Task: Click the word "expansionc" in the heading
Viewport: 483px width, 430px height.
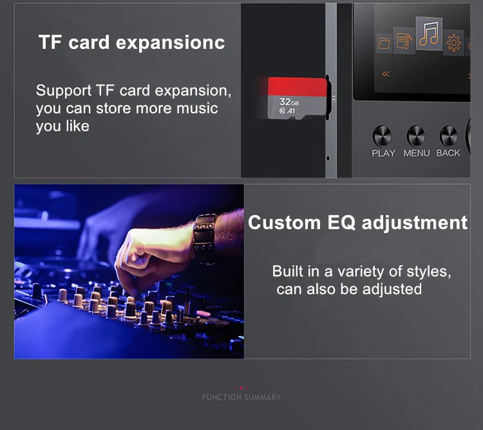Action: point(171,42)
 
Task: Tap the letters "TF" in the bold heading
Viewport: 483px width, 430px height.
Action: point(50,42)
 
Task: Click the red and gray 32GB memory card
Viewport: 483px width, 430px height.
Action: point(297,98)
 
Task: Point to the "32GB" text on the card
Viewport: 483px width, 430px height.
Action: point(289,102)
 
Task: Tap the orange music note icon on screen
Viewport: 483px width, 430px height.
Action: point(429,33)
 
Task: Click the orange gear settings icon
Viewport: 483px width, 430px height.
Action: point(453,42)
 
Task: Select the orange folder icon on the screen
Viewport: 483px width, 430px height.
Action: point(384,43)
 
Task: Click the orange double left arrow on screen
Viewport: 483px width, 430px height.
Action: point(386,74)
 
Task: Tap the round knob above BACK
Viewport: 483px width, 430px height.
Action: point(448,136)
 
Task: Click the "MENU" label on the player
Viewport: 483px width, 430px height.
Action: point(417,153)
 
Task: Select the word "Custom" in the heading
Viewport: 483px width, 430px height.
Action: point(284,222)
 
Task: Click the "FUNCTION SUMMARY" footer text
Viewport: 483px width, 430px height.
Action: point(241,397)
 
